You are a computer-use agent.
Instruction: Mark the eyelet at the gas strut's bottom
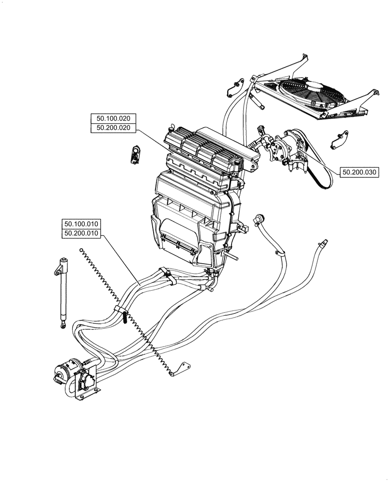point(63,328)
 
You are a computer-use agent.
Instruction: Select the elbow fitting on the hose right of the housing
point(259,219)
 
